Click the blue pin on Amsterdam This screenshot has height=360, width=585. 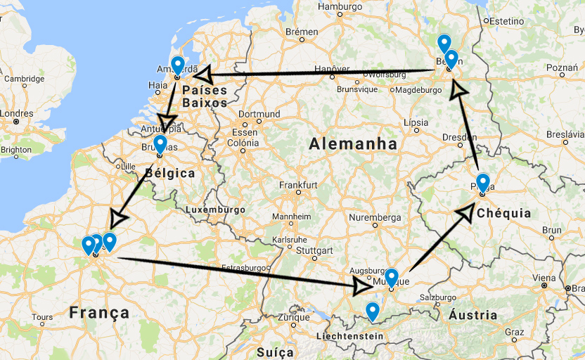click(178, 65)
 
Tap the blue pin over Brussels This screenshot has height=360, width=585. click(160, 144)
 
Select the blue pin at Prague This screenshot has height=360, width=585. click(483, 182)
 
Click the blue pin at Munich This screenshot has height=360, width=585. click(392, 277)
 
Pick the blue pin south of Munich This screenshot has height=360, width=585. click(373, 310)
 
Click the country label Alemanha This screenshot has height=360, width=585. click(353, 143)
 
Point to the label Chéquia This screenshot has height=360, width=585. click(503, 213)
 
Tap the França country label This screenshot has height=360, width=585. click(99, 312)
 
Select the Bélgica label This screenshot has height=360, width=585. click(169, 172)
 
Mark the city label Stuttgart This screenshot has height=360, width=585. click(314, 250)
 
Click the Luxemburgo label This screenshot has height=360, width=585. click(215, 210)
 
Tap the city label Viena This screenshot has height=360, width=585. click(544, 278)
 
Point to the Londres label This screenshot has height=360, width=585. click(16, 113)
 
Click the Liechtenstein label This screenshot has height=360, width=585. click(349, 336)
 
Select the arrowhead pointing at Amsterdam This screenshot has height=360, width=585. click(202, 75)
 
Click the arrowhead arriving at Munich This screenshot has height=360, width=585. click(364, 285)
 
